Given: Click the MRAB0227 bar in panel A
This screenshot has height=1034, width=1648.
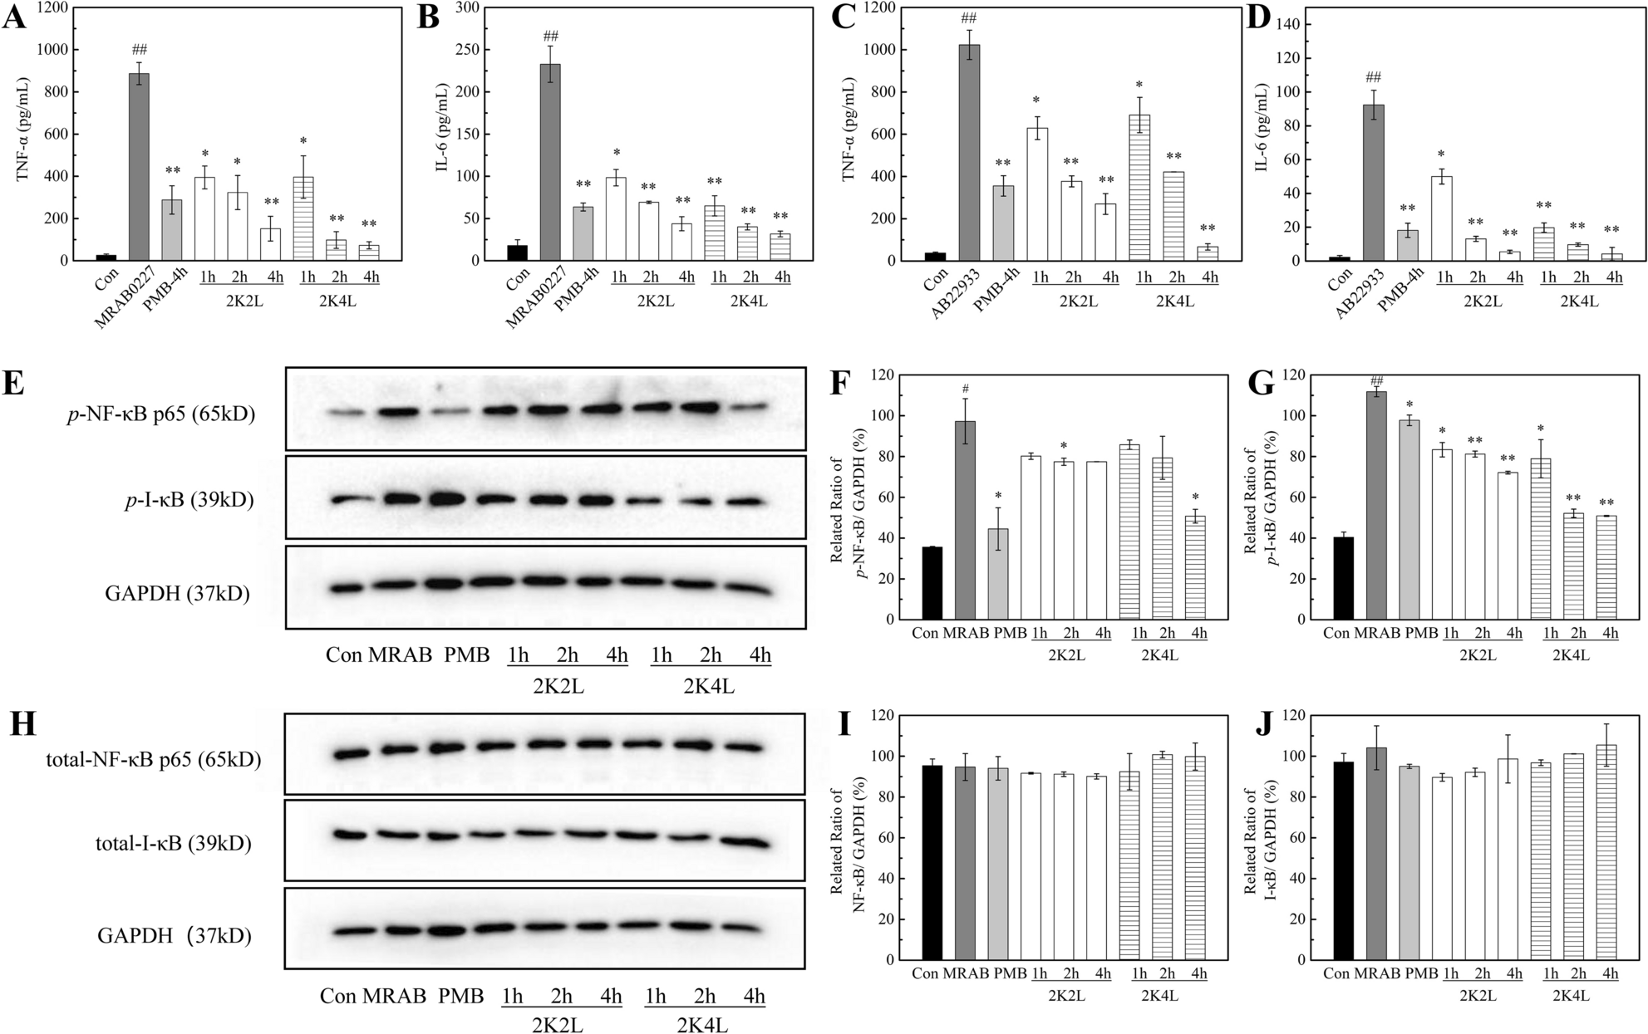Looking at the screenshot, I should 139,166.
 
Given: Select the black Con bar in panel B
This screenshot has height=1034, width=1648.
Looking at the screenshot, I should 517,252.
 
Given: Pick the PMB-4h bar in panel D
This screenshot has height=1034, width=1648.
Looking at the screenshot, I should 1408,245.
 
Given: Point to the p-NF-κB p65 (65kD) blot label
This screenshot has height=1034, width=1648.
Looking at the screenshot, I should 161,414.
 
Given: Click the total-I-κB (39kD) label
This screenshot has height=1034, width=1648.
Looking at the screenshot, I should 174,844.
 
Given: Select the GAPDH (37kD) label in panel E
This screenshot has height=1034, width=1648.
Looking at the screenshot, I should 177,593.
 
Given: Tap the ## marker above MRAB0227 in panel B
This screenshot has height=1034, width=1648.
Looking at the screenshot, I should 550,36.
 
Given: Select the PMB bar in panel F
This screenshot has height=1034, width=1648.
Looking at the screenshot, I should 997,574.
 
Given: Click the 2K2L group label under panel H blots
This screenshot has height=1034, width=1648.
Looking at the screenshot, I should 557,1025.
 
